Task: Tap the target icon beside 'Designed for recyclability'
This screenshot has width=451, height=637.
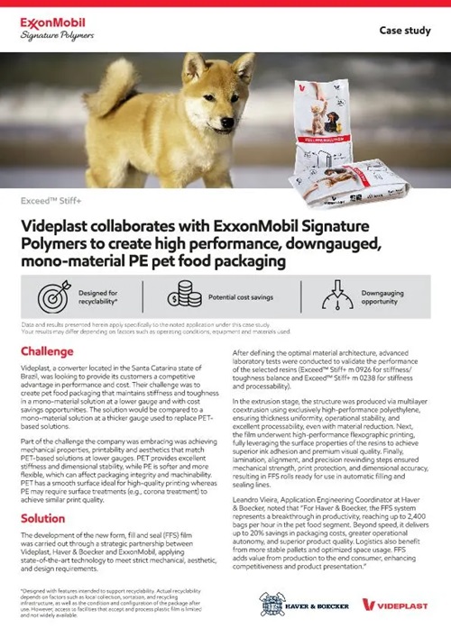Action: click(53, 296)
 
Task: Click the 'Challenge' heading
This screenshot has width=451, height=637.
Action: click(53, 350)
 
